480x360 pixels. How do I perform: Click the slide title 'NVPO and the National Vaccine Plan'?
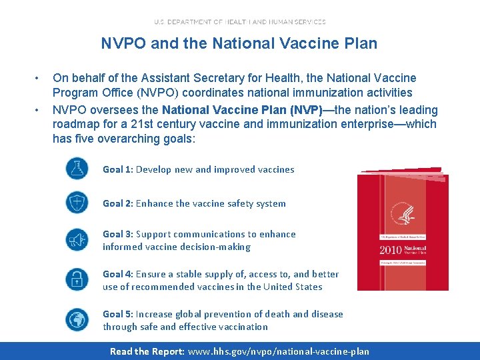tap(239, 44)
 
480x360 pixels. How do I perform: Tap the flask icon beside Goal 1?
tap(77, 169)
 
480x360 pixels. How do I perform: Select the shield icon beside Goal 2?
tap(77, 202)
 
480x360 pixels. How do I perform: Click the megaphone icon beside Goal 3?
tap(77, 239)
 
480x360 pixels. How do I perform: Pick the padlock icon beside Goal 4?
tap(77, 279)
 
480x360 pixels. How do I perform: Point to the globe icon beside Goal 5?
tap(77, 319)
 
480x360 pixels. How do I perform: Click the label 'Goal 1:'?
tap(117, 169)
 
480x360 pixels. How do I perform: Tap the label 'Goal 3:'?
tap(117, 234)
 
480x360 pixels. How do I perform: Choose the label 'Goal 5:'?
tap(117, 314)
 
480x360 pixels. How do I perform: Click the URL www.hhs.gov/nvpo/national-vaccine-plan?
tap(279, 351)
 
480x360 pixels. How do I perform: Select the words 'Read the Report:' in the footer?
tap(147, 351)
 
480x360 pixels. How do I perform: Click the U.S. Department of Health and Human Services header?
tap(239, 21)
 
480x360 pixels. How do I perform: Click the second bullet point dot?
tap(39, 110)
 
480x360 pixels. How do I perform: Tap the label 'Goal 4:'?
tap(117, 274)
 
